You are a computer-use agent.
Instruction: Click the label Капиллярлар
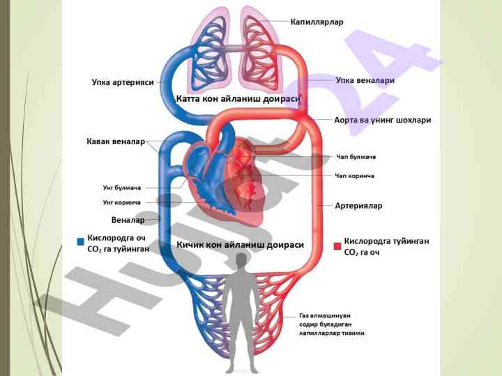(317, 22)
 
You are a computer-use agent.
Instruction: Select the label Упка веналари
(365, 80)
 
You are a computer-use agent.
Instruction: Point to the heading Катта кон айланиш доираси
(238, 99)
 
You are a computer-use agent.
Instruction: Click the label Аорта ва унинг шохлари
(382, 120)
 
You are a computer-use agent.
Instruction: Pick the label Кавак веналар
(115, 141)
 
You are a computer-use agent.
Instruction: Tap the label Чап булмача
(356, 157)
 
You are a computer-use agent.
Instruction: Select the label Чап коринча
(355, 175)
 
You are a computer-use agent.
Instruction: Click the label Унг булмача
(122, 188)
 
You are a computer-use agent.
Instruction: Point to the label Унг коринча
(122, 203)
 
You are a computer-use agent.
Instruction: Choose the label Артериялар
(358, 205)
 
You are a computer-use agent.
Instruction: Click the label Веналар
(128, 220)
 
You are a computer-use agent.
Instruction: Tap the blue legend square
(81, 242)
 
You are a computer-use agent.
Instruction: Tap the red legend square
(337, 245)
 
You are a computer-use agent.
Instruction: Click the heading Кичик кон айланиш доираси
(241, 245)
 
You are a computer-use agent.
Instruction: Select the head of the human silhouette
(241, 260)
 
